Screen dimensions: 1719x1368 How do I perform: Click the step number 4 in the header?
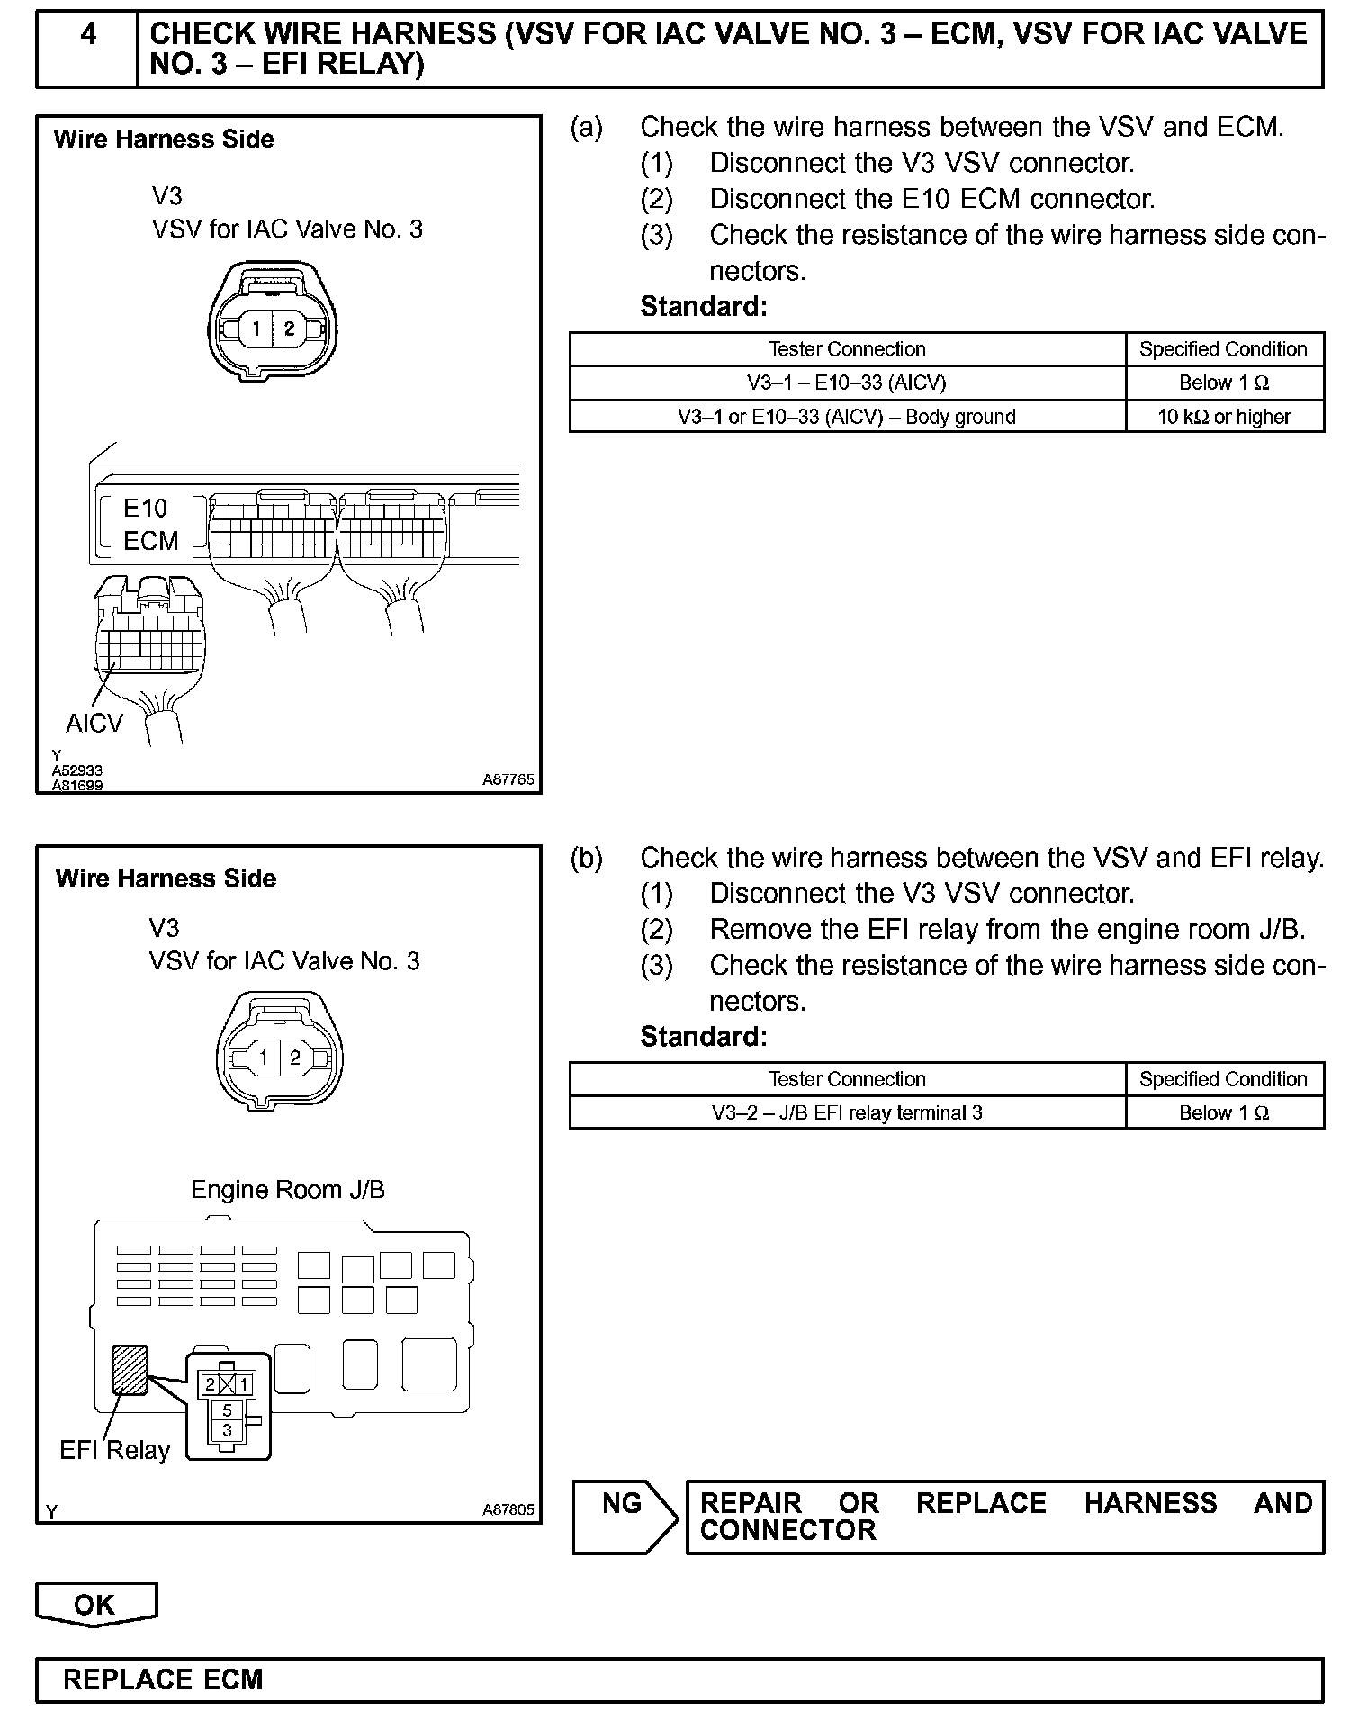(x=88, y=35)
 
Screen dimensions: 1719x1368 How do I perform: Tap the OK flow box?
(x=95, y=1604)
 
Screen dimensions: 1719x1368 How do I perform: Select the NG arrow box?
(x=624, y=1517)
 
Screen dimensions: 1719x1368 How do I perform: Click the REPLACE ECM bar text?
(x=163, y=1679)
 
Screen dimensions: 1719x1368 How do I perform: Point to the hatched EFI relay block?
(x=130, y=1369)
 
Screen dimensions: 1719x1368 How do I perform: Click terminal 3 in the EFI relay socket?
(x=227, y=1429)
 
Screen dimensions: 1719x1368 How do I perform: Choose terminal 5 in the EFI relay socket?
(x=227, y=1409)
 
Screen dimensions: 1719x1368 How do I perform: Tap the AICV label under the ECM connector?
(x=94, y=723)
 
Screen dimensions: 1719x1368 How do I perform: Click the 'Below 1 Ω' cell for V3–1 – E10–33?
(x=1224, y=382)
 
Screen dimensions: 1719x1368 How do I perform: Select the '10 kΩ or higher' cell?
(x=1224, y=417)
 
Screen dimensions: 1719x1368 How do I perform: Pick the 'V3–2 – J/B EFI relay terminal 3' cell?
(x=847, y=1112)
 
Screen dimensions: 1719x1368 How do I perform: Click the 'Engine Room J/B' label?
(x=288, y=1190)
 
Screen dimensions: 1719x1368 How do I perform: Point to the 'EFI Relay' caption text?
(x=114, y=1450)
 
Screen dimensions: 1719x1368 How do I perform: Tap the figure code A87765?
(x=508, y=780)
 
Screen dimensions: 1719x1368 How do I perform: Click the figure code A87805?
(x=508, y=1509)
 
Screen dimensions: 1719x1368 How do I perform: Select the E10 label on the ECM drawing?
(x=146, y=508)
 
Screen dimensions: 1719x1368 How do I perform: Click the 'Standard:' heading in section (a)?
(x=704, y=307)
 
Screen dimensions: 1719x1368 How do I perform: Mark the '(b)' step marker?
(x=586, y=858)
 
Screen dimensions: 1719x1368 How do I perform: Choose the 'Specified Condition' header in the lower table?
(x=1224, y=1079)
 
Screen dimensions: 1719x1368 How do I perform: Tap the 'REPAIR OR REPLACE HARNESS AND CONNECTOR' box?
(x=1004, y=1516)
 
